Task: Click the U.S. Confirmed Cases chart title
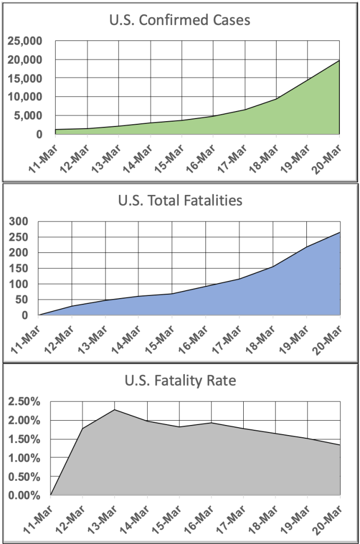[180, 21]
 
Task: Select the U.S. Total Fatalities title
[180, 201]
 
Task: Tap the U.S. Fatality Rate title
[180, 381]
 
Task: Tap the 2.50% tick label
[24, 402]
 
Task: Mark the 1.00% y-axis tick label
[24, 458]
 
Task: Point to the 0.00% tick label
[24, 495]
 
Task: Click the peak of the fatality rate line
[115, 410]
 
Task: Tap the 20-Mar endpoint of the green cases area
[339, 61]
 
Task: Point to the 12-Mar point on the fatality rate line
[83, 428]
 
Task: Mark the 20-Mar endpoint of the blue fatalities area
[340, 232]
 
